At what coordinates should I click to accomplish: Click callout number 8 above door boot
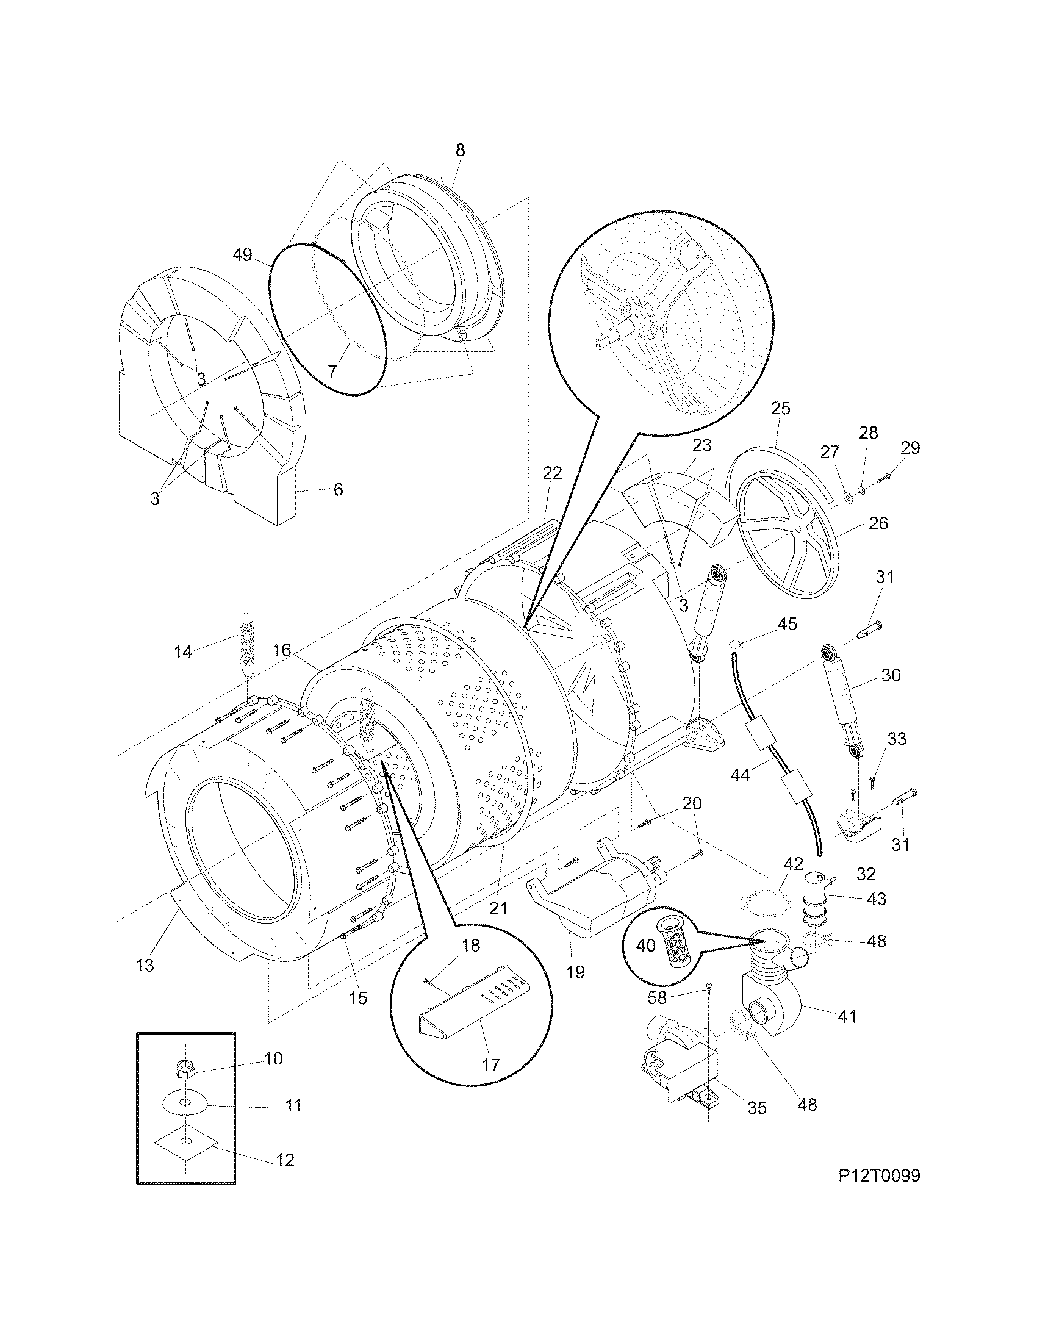(460, 150)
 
